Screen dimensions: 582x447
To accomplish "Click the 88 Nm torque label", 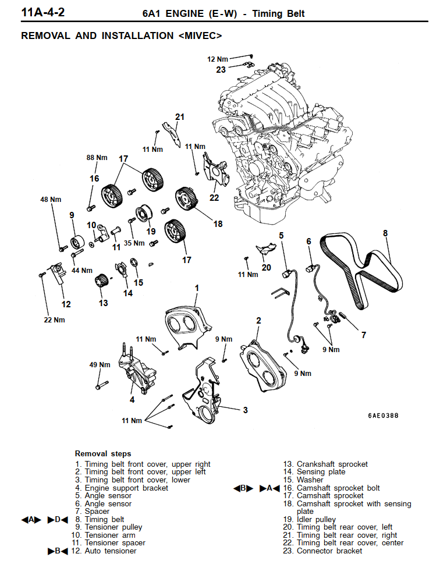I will (x=97, y=158).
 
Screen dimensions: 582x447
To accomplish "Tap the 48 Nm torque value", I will (x=51, y=200).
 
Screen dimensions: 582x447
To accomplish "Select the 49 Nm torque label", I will (x=100, y=365).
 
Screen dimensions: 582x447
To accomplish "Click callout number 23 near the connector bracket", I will (x=221, y=70).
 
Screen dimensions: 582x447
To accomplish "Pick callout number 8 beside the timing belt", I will (x=385, y=233).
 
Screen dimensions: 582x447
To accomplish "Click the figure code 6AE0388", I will (x=384, y=416).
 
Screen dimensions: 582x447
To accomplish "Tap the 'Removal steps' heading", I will (x=103, y=453).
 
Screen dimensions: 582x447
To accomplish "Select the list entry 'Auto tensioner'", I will (x=111, y=551).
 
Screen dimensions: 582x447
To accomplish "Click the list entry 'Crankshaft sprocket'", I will (x=332, y=464).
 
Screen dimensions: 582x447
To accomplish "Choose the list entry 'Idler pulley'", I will (x=316, y=519).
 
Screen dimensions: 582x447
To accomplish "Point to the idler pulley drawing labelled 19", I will (x=143, y=214).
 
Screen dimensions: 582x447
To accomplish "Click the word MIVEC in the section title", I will (x=198, y=36).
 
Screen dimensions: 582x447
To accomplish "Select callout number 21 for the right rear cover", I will (x=180, y=117).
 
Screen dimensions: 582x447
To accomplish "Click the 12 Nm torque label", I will (x=218, y=59).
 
